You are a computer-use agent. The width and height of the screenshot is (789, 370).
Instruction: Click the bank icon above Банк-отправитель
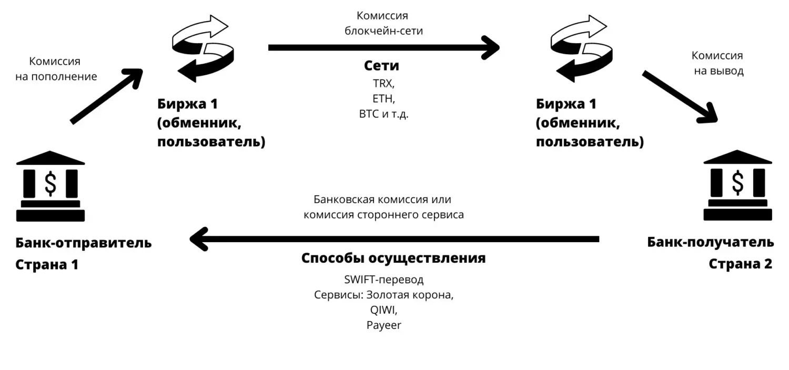point(50,186)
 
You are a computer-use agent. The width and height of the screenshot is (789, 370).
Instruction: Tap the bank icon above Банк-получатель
point(737,186)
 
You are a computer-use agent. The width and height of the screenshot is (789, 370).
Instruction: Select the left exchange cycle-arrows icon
point(203,48)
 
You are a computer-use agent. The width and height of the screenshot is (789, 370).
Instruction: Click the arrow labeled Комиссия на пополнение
point(106,96)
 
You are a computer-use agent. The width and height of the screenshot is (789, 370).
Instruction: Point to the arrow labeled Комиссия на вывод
point(680,96)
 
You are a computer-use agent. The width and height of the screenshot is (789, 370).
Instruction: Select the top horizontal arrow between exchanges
point(383,47)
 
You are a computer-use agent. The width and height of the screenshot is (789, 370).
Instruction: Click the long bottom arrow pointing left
point(394,239)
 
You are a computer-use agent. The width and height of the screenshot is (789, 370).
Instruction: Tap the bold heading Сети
point(381,66)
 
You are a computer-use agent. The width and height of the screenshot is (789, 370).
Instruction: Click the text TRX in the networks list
point(382,83)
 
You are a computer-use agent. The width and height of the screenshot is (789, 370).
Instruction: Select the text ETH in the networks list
point(382,98)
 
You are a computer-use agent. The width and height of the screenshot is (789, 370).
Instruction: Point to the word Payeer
point(383,325)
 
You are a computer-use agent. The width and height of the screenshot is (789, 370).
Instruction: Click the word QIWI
point(383,310)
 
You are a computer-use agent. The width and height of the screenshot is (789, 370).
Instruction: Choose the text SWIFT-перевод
point(383,279)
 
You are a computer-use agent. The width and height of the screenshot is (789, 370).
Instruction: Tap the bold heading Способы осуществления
point(393,259)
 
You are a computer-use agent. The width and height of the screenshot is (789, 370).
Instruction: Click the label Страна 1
point(47,264)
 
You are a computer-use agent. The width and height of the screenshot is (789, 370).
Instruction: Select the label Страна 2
point(740,264)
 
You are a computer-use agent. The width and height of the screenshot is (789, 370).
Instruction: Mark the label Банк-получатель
point(710,242)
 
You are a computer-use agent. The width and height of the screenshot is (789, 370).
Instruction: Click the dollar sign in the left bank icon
point(50,184)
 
